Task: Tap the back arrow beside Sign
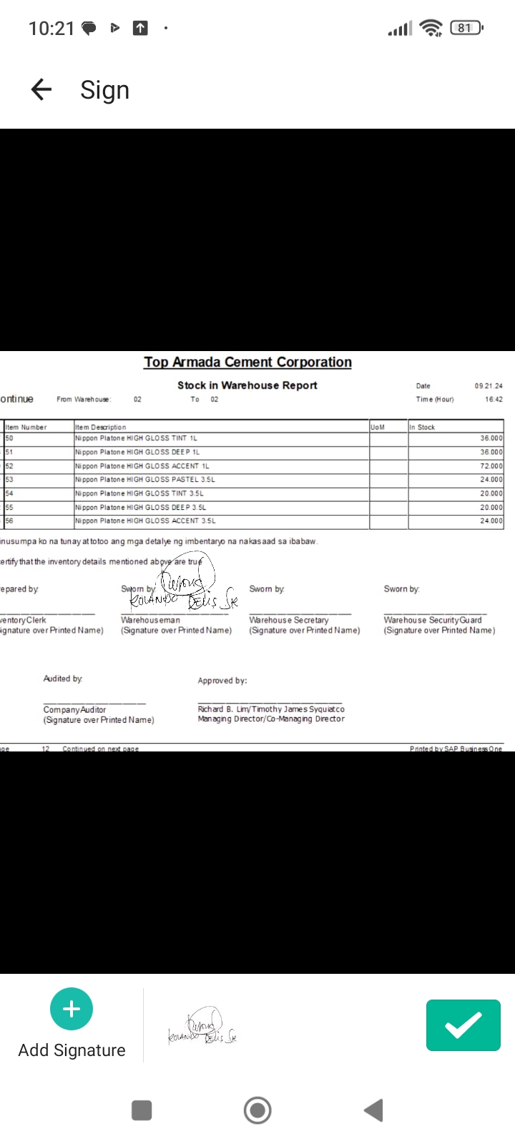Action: pos(41,89)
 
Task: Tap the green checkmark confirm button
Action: pos(463,1025)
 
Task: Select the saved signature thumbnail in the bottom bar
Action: pos(202,1027)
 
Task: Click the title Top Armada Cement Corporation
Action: pos(247,363)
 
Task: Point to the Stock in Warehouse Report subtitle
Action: pos(247,385)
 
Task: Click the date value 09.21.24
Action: pos(489,386)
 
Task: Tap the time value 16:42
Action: pos(494,400)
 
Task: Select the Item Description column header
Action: pos(101,428)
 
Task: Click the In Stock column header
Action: pos(422,428)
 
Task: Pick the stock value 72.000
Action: pos(491,466)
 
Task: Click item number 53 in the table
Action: pos(9,480)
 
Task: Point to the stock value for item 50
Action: pos(491,438)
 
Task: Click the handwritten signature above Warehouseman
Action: pos(185,591)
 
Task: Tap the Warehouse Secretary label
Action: pos(289,621)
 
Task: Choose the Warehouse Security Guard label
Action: pos(433,621)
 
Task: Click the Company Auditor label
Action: pos(74,710)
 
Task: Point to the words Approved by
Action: pos(222,681)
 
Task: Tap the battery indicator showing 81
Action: pos(466,28)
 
